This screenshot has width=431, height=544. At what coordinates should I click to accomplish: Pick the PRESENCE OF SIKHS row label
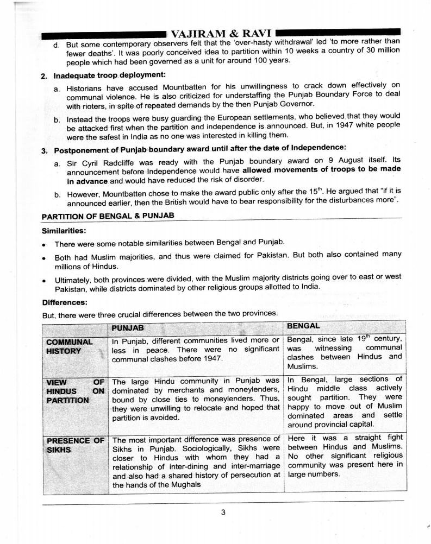click(x=75, y=445)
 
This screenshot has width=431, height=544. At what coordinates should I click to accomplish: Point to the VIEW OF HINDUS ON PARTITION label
click(x=75, y=391)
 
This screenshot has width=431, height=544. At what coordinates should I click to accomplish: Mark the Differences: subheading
click(x=64, y=302)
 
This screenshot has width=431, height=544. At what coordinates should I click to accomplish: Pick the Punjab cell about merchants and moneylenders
click(x=196, y=399)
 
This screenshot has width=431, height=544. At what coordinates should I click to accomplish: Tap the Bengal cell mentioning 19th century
click(x=345, y=352)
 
